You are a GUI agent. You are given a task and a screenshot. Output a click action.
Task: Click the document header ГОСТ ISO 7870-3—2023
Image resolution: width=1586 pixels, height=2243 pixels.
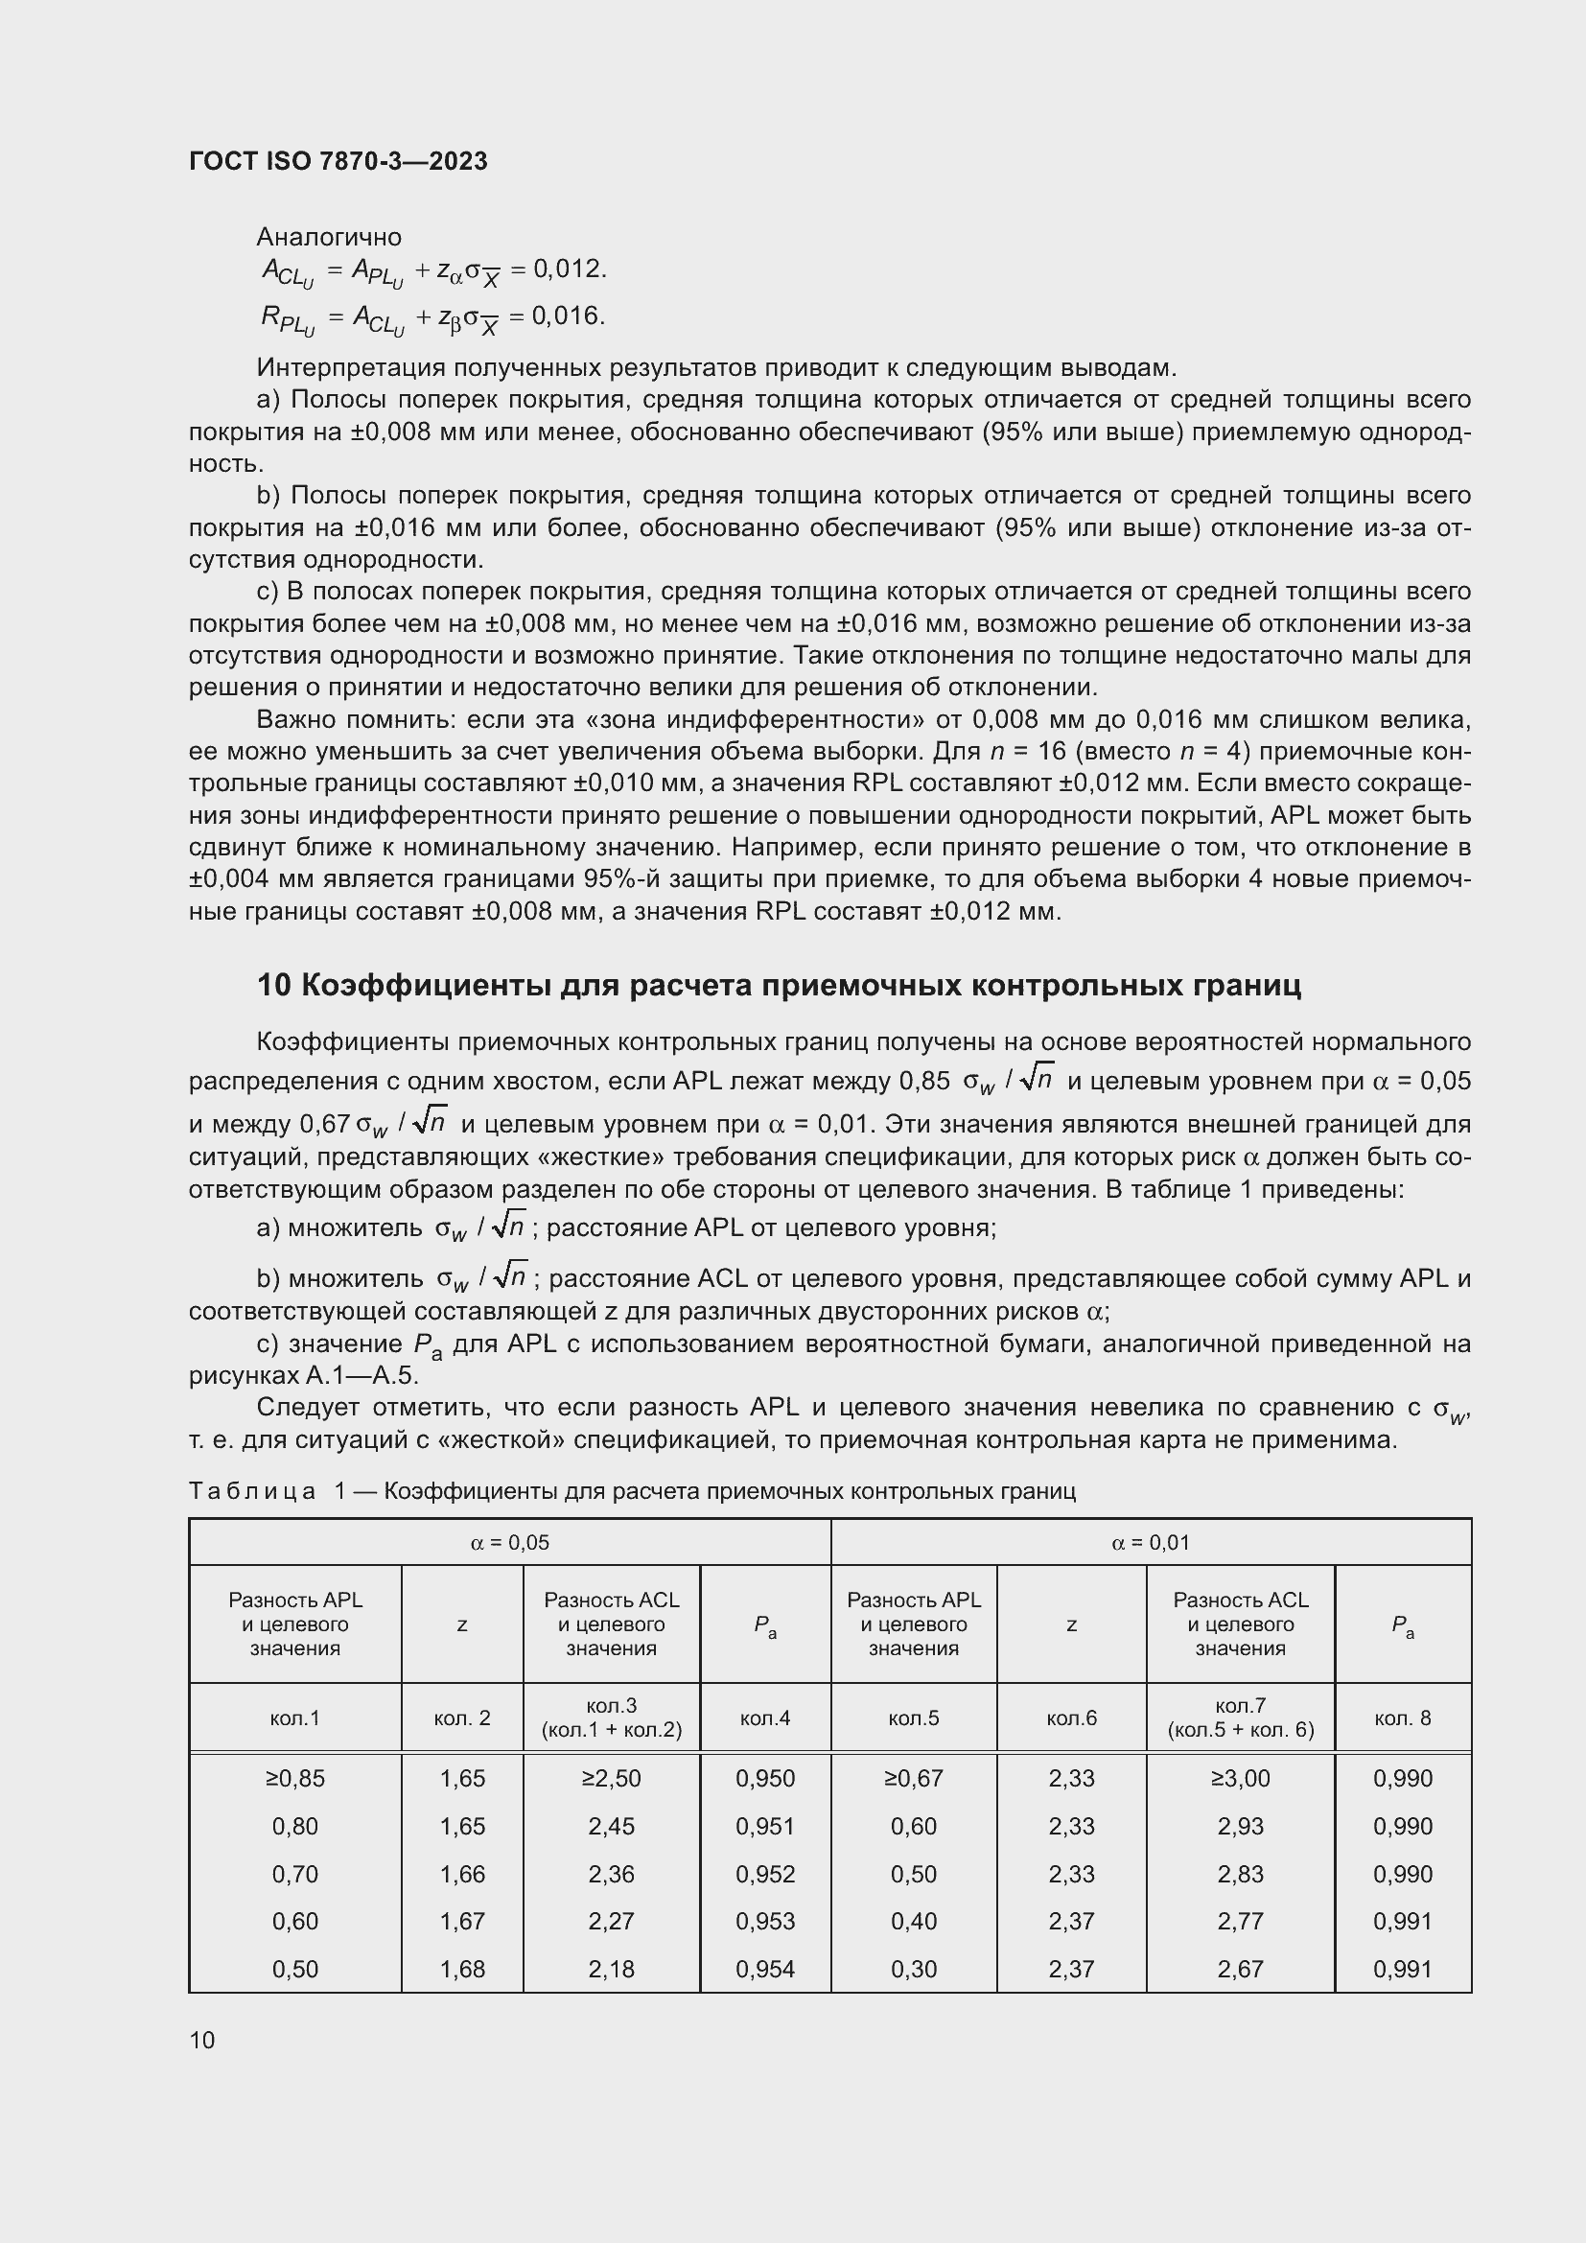coord(338,161)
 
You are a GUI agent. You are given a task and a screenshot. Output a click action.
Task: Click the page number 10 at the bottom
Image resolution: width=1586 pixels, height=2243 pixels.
coord(202,2040)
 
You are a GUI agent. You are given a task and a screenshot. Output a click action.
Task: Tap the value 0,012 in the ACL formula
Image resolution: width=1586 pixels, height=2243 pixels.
coord(569,269)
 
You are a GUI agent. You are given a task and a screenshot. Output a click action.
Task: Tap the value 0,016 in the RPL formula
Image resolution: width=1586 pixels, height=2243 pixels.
coord(569,315)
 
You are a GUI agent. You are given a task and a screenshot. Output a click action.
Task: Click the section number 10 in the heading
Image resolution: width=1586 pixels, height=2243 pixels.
coord(273,986)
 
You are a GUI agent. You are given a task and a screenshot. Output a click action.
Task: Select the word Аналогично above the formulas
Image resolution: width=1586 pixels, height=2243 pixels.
coord(328,237)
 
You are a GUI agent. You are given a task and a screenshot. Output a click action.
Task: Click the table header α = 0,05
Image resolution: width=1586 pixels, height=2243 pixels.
coord(510,1543)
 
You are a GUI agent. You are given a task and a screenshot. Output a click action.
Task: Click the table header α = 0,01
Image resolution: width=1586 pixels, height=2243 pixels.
coord(1151,1543)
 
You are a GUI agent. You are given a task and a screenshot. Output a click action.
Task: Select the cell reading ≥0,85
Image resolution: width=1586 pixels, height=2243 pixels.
coord(294,1778)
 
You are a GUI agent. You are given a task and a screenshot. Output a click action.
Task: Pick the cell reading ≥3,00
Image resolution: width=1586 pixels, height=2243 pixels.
coord(1240,1778)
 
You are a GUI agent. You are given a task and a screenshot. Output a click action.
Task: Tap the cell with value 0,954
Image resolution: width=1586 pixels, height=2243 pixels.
coord(764,1969)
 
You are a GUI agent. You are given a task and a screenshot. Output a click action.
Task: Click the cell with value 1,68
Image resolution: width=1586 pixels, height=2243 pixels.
coord(462,1969)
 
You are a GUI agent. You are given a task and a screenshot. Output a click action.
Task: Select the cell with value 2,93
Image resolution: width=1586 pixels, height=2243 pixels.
coord(1240,1826)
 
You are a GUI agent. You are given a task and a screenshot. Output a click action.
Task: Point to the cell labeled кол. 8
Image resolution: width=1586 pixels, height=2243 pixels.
coord(1403,1717)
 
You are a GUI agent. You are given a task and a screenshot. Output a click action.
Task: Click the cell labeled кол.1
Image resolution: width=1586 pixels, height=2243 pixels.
coord(294,1717)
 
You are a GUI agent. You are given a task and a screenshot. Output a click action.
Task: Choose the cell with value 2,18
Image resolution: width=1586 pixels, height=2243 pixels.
coord(612,1969)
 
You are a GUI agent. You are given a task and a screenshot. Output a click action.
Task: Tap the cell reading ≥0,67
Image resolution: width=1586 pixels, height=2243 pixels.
coord(913,1778)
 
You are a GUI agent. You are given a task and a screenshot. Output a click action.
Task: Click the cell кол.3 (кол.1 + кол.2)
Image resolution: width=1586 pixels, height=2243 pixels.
coord(612,1717)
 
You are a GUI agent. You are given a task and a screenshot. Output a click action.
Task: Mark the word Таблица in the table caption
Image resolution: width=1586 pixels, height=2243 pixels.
coord(252,1491)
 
